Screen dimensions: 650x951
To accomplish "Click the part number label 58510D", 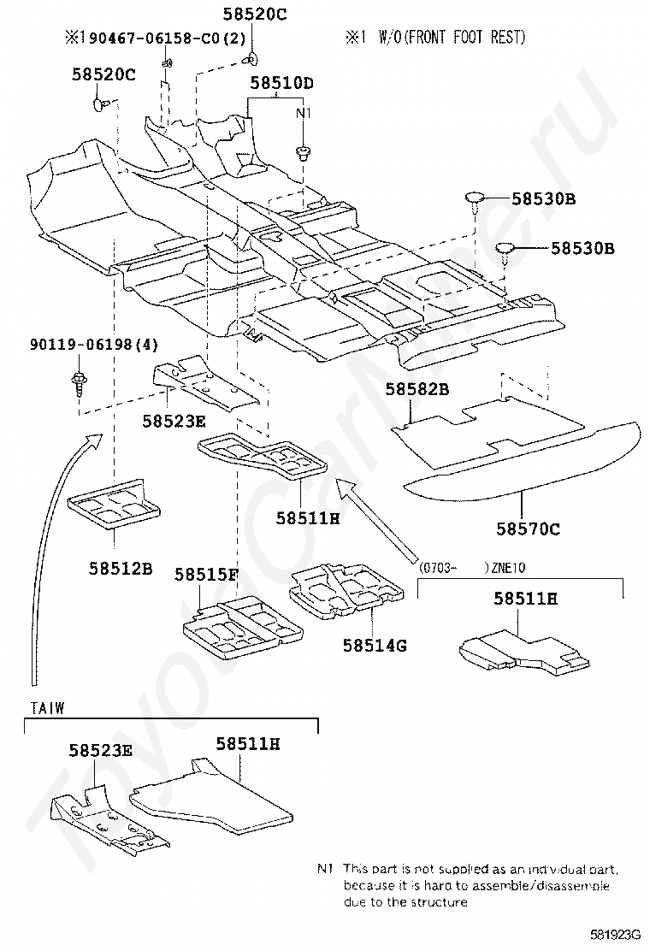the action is click(281, 82).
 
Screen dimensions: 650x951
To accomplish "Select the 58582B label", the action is click(417, 389).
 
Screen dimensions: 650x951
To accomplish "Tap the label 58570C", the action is click(529, 529).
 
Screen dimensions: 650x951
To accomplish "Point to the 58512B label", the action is click(121, 569).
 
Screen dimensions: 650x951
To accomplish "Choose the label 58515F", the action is click(206, 574).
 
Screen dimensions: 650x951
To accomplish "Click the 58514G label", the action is click(375, 646).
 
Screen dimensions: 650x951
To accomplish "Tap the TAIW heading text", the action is click(47, 708).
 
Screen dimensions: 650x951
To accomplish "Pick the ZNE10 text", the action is click(508, 569).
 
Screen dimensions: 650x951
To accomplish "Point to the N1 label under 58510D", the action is click(303, 114).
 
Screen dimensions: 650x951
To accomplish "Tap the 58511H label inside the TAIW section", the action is click(248, 743).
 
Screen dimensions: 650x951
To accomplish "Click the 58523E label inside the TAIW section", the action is click(101, 750).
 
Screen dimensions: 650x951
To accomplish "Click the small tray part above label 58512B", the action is click(114, 505).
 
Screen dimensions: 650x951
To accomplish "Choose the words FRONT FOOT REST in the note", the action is click(465, 38).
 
